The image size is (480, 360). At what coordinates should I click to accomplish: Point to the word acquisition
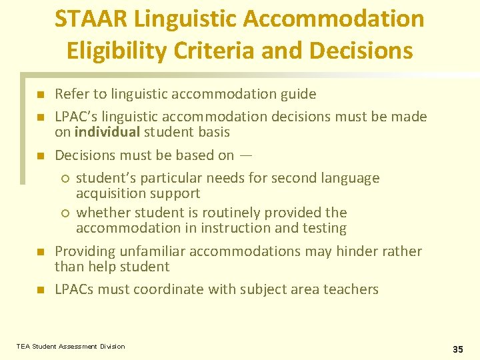pos(108,193)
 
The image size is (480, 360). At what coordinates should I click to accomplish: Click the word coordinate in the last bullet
pos(163,289)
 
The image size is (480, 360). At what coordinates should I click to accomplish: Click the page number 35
pos(457,349)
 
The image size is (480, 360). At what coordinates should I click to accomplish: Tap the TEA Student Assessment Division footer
pos(71,346)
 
